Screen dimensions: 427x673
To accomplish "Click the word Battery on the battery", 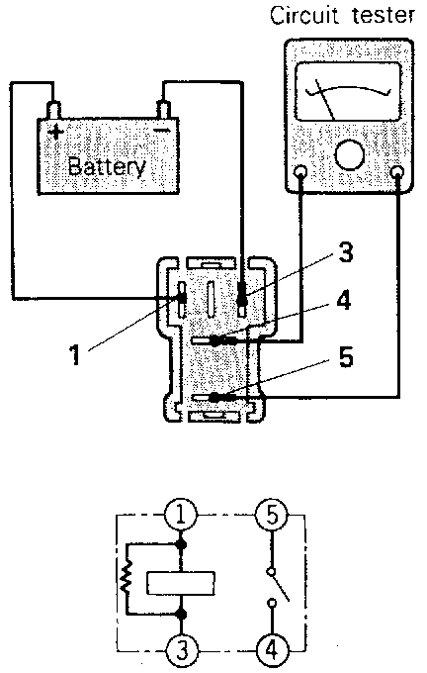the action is pyautogui.click(x=107, y=166).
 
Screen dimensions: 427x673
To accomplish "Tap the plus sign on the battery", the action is pyautogui.click(x=55, y=131).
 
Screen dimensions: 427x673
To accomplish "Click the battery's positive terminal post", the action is pyautogui.click(x=53, y=110).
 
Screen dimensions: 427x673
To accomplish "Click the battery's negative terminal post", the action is pyautogui.click(x=164, y=110).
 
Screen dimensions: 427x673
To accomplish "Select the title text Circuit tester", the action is pyautogui.click(x=342, y=15).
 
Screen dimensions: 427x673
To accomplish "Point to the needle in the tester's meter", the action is pyautogui.click(x=325, y=99).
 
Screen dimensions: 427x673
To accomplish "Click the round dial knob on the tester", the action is pyautogui.click(x=349, y=155).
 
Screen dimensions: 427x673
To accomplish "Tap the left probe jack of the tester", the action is pyautogui.click(x=300, y=172).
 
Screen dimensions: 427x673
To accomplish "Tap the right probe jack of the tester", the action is pyautogui.click(x=398, y=172).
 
